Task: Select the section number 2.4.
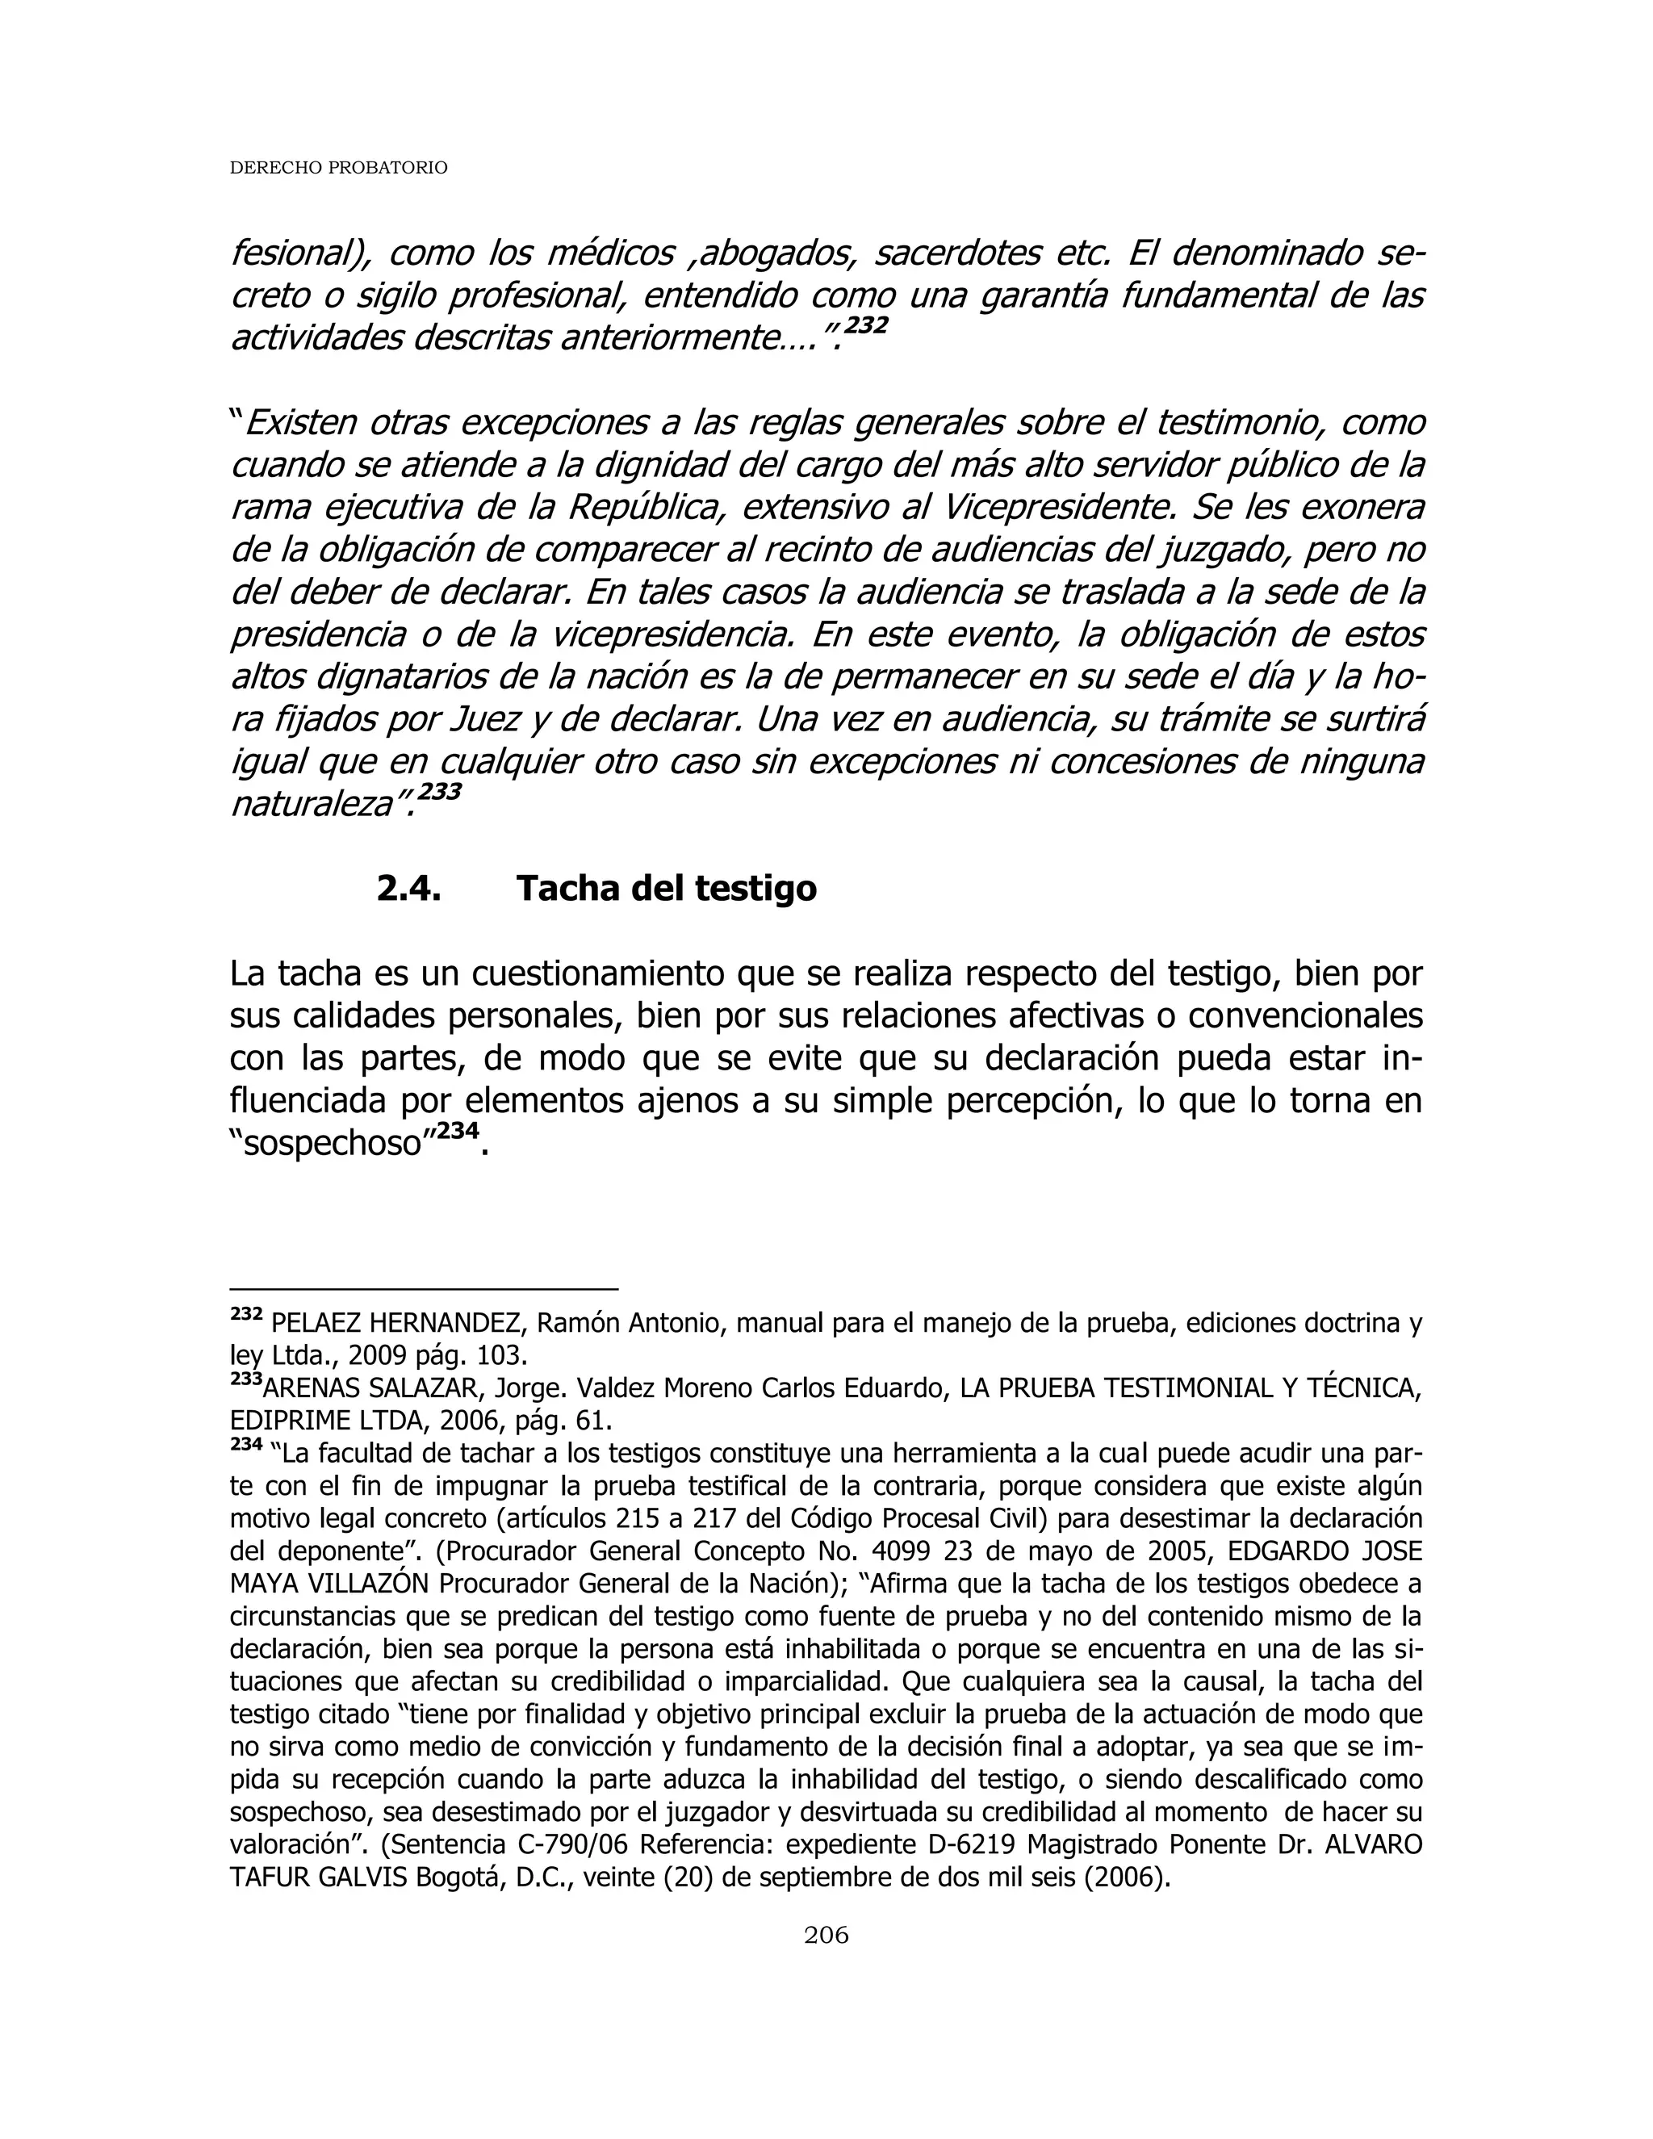point(408,889)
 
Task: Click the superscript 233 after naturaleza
point(439,791)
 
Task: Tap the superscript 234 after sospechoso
point(458,1130)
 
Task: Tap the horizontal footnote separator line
point(423,1290)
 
